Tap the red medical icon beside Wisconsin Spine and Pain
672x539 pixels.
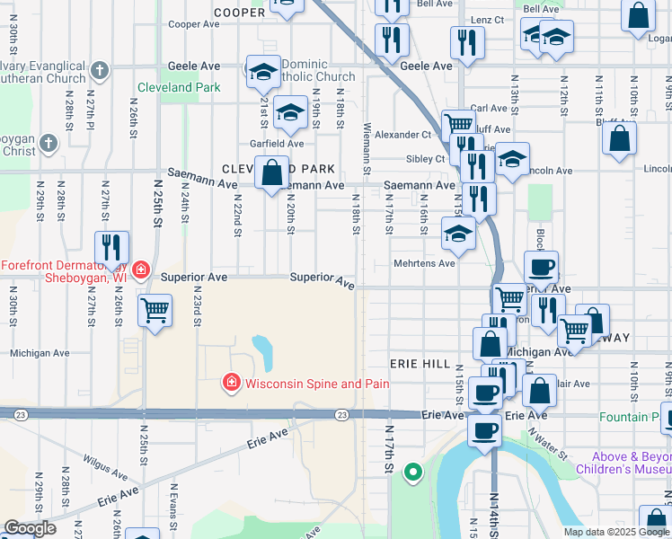click(231, 384)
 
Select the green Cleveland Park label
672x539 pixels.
click(179, 87)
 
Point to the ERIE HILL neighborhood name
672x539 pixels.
click(419, 363)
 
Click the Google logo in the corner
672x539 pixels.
click(30, 529)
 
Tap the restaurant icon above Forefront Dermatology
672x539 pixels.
click(111, 246)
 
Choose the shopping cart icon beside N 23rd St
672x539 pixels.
click(155, 310)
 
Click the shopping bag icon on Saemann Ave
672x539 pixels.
click(271, 171)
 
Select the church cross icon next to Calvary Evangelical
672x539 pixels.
click(100, 69)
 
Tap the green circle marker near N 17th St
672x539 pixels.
click(413, 471)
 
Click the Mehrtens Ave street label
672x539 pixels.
click(425, 263)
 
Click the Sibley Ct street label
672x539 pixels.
click(428, 159)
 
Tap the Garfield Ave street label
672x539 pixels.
click(276, 143)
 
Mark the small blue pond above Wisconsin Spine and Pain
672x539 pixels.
click(263, 353)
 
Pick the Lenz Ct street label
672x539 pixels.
click(487, 20)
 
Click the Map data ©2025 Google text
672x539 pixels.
click(616, 532)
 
